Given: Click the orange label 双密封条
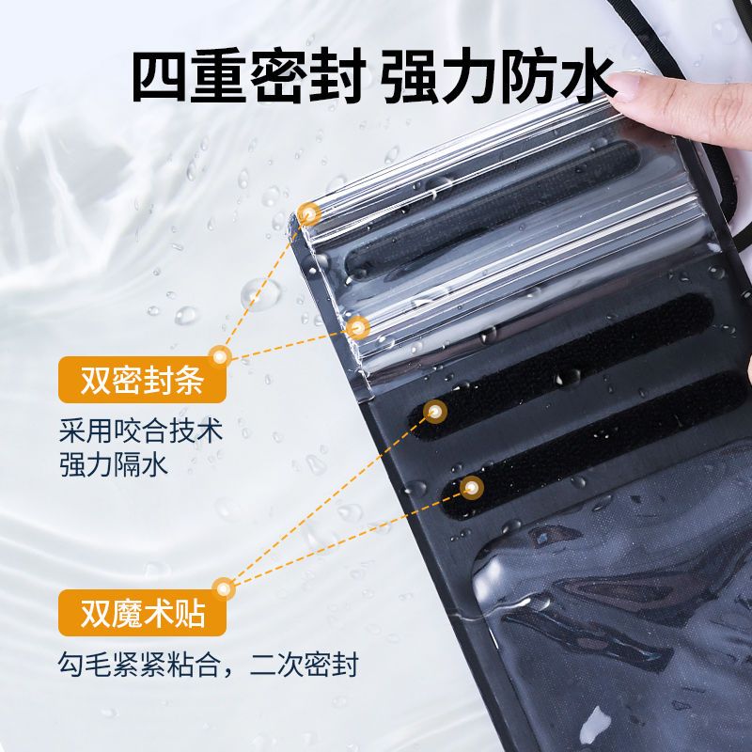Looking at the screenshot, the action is pos(142,380).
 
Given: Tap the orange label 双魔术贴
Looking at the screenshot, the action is pos(142,613).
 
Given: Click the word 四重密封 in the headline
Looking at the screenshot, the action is pos(249,76).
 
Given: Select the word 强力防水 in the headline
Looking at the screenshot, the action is pos(499,76).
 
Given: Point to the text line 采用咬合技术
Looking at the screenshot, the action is pos(140,431).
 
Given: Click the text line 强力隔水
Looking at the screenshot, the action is pos(113,464).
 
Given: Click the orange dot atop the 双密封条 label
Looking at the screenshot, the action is pos(220,357).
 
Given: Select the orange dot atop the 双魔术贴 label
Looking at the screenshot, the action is pos(223,588).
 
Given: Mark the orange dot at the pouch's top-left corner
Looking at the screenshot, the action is pos(308,214).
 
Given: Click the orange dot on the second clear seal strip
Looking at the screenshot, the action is pos(357,328).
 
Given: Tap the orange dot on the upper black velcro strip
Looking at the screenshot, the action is pos(435,412).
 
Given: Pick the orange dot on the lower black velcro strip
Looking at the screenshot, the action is pos(472,488).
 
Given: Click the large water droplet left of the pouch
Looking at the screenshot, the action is pos(260,294).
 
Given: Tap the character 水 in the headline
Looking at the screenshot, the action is pos(587,77).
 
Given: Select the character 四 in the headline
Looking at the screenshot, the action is pos(159,77).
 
